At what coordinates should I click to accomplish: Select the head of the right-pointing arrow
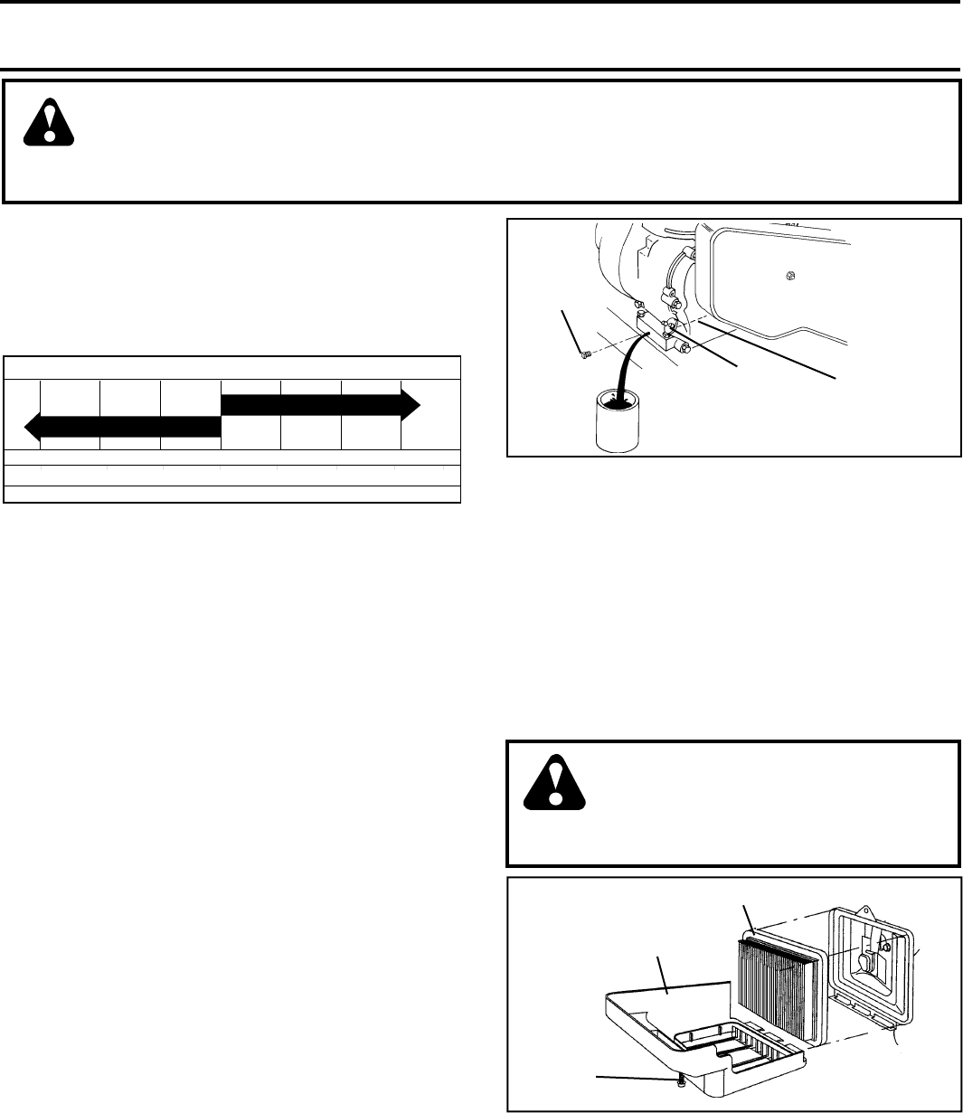click(410, 404)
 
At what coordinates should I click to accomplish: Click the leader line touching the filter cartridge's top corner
click(747, 919)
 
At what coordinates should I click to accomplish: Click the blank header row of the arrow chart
click(232, 368)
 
